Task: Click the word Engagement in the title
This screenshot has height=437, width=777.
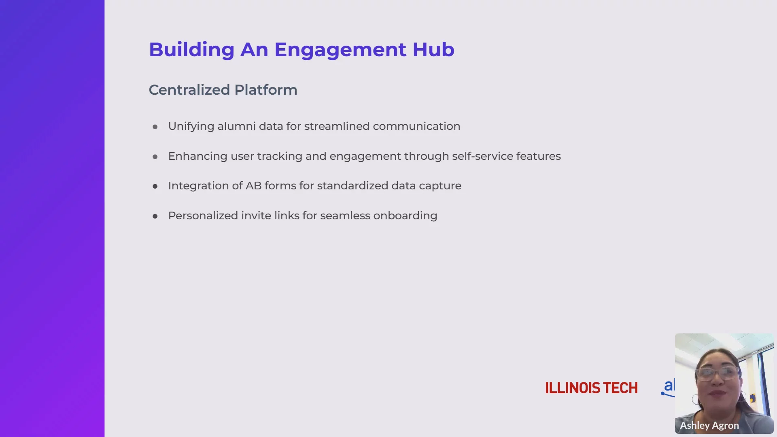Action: coord(340,50)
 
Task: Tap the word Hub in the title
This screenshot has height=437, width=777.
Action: coord(433,49)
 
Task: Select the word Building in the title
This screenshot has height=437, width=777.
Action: coord(192,50)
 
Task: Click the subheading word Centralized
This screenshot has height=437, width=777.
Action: coord(189,90)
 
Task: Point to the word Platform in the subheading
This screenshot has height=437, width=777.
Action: coord(266,90)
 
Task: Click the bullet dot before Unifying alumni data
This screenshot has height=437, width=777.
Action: coord(155,127)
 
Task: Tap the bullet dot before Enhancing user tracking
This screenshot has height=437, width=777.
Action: coord(155,157)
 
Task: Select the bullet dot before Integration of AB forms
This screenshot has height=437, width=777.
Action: coord(155,187)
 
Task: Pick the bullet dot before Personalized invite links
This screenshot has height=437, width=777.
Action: coord(155,216)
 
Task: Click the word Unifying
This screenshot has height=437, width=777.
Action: coord(191,127)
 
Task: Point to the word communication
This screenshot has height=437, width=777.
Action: coord(416,126)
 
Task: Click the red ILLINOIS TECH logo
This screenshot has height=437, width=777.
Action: coord(591,388)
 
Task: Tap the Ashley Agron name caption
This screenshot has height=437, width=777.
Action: coord(709,426)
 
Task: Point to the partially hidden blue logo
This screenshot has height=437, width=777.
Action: coord(668,388)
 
